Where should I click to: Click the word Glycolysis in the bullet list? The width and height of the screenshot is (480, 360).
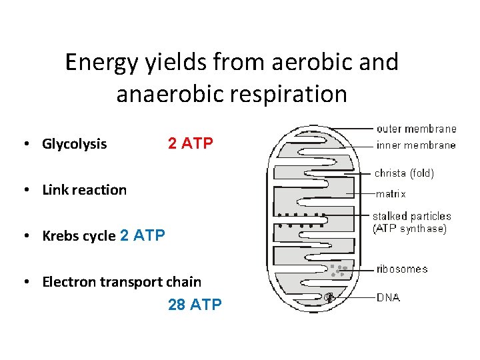tap(74, 144)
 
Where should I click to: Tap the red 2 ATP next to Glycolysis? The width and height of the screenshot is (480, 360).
tap(191, 143)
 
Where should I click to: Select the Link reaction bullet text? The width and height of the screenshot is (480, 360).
tap(84, 190)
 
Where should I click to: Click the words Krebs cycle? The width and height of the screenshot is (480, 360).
tap(79, 236)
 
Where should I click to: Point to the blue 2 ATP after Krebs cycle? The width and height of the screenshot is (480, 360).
tap(142, 235)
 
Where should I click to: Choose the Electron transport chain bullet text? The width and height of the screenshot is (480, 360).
tap(121, 282)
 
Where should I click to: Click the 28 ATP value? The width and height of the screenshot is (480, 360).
tap(195, 305)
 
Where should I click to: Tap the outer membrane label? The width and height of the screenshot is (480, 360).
tap(416, 129)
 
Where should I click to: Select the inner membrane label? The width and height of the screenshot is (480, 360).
tap(416, 145)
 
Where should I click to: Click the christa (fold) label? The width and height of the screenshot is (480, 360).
tap(404, 173)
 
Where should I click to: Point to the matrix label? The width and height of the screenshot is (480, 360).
tap(391, 194)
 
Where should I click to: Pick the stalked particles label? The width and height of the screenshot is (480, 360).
tap(411, 216)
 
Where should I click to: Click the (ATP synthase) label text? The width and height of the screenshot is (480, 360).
tap(409, 229)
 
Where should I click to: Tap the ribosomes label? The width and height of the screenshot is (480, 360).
tap(402, 269)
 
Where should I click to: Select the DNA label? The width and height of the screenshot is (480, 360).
tap(388, 297)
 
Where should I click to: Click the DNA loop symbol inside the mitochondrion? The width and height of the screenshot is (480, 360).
tap(330, 298)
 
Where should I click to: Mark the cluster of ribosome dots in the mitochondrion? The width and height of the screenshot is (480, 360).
tap(339, 270)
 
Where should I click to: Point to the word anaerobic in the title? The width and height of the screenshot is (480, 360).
tap(173, 94)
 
